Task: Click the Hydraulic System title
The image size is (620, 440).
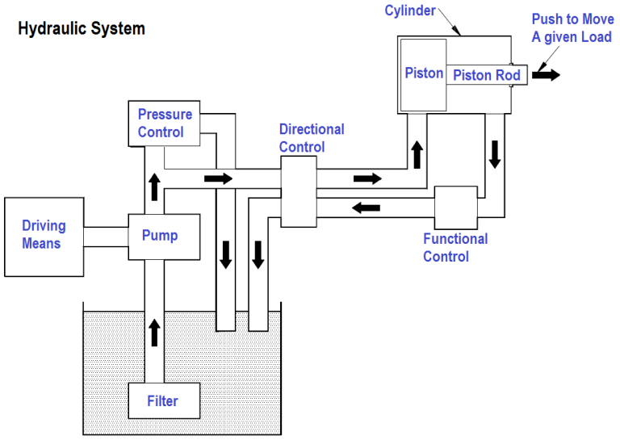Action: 82,29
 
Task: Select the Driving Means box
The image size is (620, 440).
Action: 44,235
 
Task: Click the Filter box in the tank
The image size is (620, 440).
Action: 162,401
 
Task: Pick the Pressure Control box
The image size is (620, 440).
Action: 165,123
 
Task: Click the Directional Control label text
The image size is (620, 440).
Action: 312,138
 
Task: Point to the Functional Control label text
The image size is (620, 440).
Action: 455,248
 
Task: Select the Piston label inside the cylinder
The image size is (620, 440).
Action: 424,73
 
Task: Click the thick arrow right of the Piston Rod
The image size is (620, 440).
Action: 545,75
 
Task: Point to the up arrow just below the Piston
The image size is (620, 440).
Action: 417,153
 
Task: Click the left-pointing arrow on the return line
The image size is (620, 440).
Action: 366,207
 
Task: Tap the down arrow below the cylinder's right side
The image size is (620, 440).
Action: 494,153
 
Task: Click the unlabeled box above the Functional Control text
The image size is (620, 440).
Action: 457,207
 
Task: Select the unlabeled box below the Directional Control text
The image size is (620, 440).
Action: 298,191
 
